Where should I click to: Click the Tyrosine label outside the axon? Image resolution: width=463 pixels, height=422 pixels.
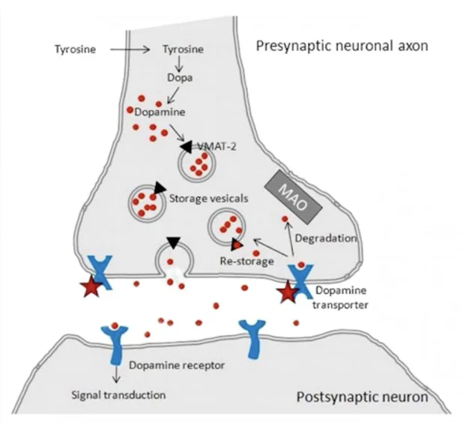(75, 51)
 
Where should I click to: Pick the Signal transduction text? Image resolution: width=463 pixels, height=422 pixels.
(117, 393)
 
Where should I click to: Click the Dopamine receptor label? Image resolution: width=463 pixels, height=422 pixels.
(178, 366)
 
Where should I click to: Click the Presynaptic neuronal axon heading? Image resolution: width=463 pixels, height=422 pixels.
(342, 46)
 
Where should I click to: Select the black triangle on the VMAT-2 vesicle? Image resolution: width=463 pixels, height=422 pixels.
(184, 147)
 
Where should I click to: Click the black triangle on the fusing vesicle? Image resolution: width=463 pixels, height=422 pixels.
(173, 242)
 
